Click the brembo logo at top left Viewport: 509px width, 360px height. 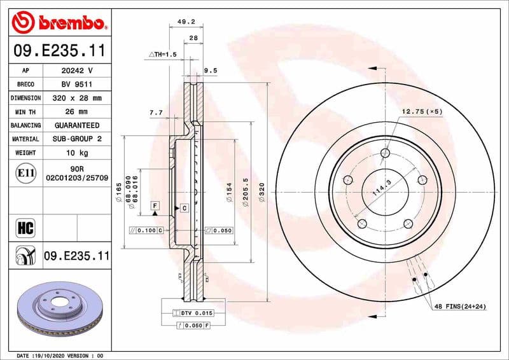click(59, 24)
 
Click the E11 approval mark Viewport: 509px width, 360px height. click(25, 172)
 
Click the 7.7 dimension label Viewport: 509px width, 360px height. click(156, 113)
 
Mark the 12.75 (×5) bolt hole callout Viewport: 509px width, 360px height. click(421, 112)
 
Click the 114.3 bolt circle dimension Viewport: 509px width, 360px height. click(380, 188)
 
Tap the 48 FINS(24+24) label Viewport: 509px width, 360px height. click(459, 307)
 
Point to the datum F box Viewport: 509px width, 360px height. click(155, 205)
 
